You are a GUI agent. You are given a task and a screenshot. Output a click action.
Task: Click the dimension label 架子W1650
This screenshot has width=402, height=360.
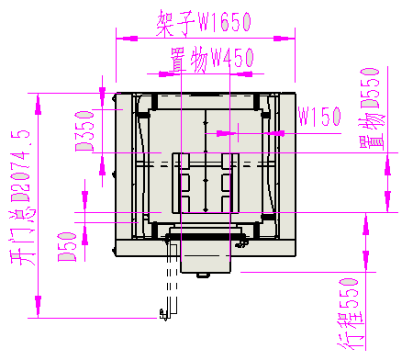[x=204, y=22]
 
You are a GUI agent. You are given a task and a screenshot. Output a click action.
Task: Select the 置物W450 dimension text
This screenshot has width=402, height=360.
[x=212, y=59]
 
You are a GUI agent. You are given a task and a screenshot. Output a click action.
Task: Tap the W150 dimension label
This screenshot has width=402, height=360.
[x=320, y=117]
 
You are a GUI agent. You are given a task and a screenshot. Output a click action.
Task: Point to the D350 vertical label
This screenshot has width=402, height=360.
[x=84, y=131]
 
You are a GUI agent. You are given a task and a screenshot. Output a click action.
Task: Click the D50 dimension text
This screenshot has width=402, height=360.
[x=67, y=247]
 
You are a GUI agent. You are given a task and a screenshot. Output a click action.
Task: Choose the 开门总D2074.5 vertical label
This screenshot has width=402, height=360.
[x=20, y=197]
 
